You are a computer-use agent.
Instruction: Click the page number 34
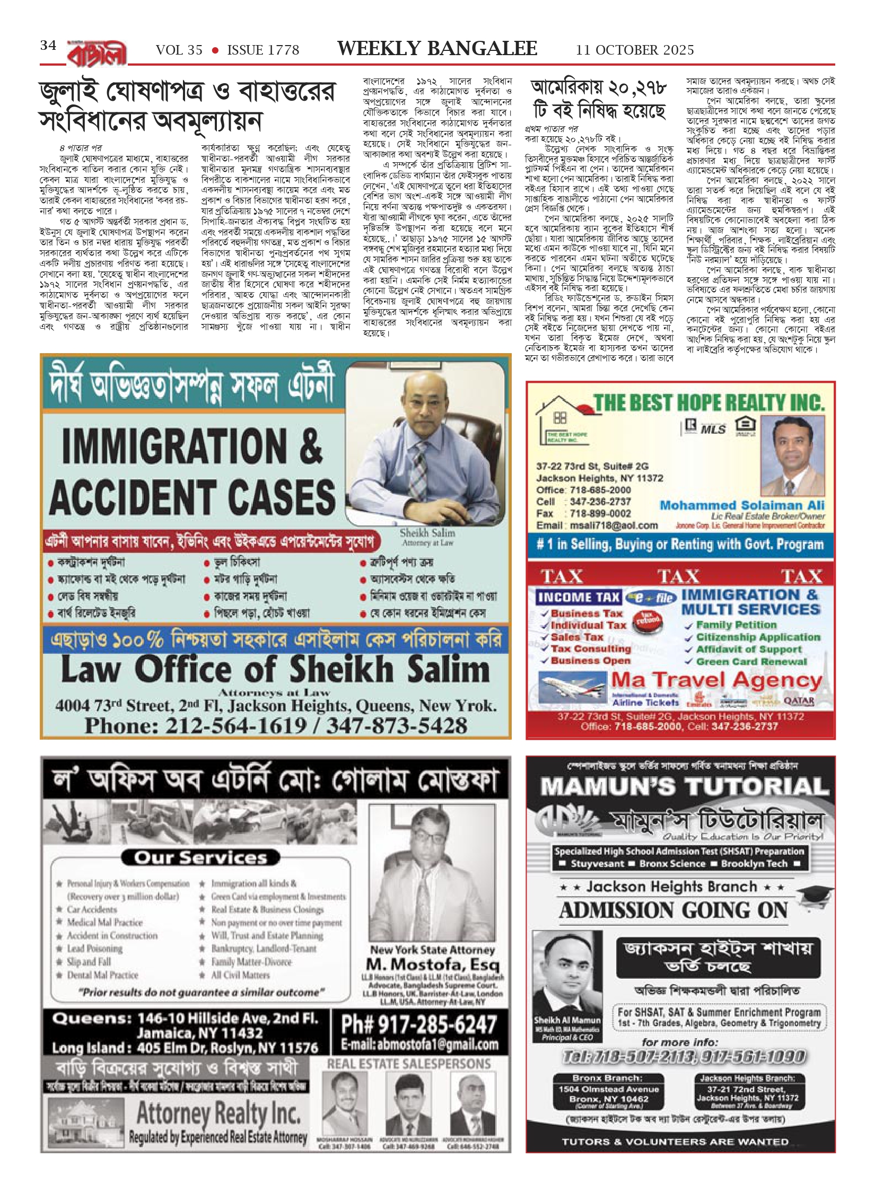pos(48,46)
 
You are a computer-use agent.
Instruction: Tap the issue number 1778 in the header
pos(263,50)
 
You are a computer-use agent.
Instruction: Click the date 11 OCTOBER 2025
pos(635,50)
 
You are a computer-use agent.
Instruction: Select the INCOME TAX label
pos(579,598)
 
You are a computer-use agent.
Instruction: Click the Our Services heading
pos(200,857)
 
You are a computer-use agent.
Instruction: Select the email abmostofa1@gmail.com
pos(419,1044)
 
